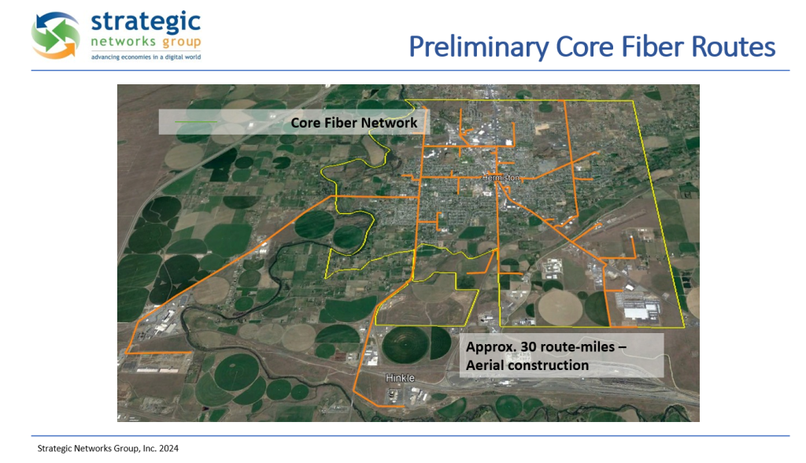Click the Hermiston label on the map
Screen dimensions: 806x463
(501, 177)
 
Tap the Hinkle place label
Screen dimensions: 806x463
(400, 378)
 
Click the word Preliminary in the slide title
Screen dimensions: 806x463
(479, 47)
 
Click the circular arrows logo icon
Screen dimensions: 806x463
(55, 35)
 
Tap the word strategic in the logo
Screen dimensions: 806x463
(146, 23)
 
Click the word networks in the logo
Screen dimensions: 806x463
(123, 41)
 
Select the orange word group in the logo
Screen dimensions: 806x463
(181, 43)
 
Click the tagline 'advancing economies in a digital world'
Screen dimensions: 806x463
(146, 57)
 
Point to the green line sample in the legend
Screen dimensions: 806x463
(196, 122)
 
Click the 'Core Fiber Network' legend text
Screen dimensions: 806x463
(353, 122)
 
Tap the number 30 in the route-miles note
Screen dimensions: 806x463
(528, 346)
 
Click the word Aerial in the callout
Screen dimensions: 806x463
(483, 365)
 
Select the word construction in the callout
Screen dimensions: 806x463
(546, 365)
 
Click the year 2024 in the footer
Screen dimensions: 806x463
(168, 448)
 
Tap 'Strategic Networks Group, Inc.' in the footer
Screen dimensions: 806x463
(97, 449)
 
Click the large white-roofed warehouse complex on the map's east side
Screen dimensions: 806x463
(641, 309)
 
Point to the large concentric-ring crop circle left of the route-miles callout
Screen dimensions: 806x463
(406, 343)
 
